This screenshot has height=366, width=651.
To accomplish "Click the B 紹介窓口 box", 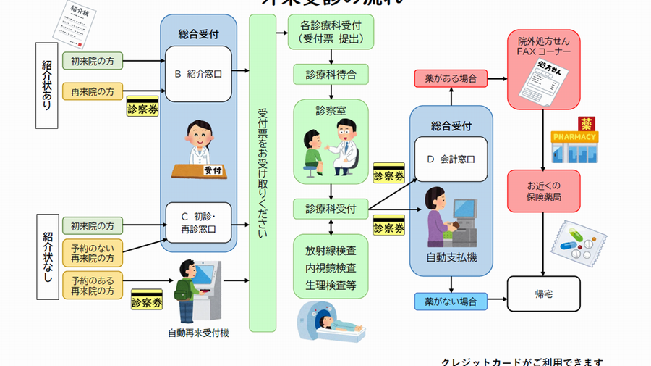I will [x=198, y=73].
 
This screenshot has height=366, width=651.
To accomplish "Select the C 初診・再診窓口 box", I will [x=198, y=222].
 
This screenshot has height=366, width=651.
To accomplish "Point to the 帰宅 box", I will [x=544, y=294].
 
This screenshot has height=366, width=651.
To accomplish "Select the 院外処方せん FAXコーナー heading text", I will [x=544, y=46].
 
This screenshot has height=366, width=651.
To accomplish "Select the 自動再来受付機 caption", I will [x=197, y=333].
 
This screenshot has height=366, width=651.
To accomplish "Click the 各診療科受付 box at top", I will [x=331, y=33].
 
